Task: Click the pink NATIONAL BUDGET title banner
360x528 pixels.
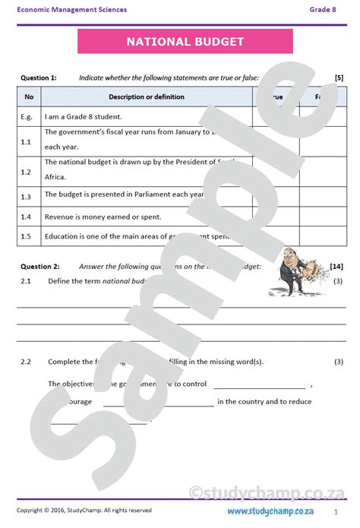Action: pos(185,42)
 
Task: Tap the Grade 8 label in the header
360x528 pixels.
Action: pos(321,9)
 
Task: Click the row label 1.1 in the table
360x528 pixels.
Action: pos(26,141)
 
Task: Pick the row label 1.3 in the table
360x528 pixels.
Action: pos(26,197)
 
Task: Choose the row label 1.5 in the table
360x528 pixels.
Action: pos(26,236)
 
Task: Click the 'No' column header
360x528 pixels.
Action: pos(29,96)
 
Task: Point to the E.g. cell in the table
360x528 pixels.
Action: pos(27,116)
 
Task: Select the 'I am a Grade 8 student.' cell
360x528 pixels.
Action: pos(83,116)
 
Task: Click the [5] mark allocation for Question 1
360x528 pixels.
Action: pos(339,77)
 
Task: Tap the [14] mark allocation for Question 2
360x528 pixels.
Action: pos(336,267)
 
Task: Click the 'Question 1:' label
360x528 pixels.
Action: pos(38,77)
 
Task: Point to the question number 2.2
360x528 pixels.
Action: pos(26,362)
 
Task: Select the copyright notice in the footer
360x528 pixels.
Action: pos(84,511)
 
